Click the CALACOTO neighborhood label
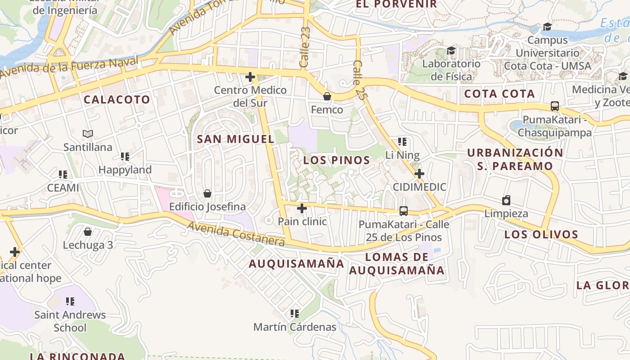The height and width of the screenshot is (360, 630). (117, 99)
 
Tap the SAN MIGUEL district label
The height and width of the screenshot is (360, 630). (235, 139)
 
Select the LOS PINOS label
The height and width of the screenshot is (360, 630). (337, 160)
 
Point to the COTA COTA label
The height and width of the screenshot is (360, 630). (499, 94)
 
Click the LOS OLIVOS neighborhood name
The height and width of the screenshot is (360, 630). (541, 234)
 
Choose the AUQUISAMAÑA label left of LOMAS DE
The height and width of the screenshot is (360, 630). (297, 264)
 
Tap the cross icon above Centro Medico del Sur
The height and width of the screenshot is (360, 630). (250, 77)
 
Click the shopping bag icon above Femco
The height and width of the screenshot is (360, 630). (327, 96)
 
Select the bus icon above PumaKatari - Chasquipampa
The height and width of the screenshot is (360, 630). (555, 106)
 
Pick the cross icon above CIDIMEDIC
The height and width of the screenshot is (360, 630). (419, 174)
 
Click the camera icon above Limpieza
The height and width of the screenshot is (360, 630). (506, 200)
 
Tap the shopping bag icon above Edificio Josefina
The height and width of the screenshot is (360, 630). (207, 193)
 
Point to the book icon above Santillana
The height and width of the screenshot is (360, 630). (88, 134)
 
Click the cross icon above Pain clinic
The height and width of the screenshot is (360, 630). (302, 208)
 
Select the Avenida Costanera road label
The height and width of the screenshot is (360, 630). (236, 234)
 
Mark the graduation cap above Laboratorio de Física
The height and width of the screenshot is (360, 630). (451, 50)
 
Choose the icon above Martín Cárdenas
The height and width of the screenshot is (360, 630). (295, 313)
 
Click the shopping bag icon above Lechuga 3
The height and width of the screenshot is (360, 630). (88, 232)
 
